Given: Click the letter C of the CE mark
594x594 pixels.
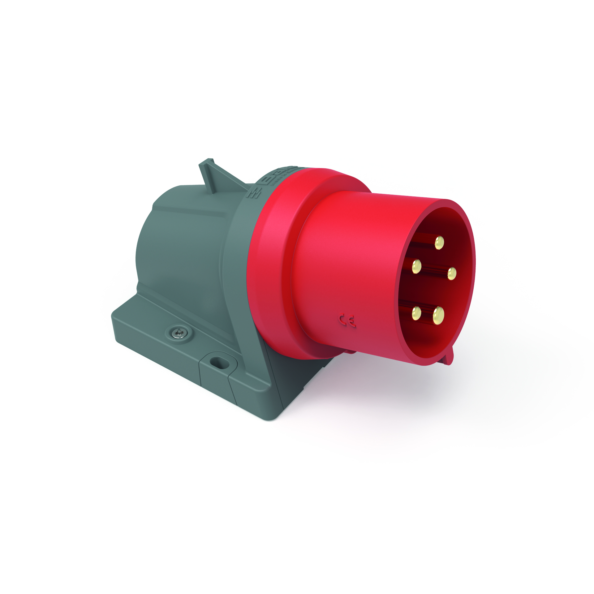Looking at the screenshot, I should (x=342, y=319).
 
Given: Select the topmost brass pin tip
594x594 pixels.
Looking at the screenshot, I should (x=439, y=243).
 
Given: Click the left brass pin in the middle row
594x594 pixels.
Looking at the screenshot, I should (x=416, y=266).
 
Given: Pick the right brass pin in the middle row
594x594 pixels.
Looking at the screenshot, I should (x=452, y=273).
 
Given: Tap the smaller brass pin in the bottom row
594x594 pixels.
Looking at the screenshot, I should (x=416, y=313).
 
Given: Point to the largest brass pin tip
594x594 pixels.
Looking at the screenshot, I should (x=438, y=316).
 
